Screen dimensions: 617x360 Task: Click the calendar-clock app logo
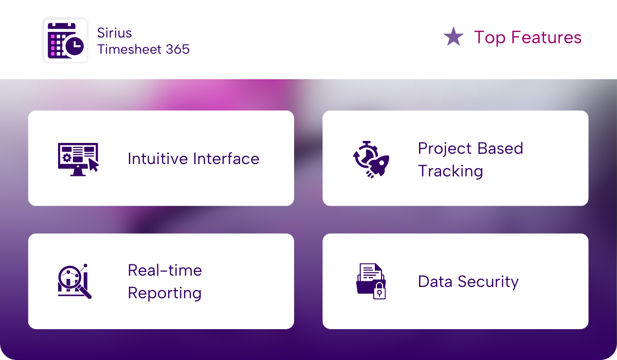(66, 41)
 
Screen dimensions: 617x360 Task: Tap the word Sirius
(114, 33)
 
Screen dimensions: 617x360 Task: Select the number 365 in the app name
(178, 49)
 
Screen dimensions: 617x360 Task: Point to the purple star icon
(453, 37)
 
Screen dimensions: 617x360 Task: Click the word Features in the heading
(546, 37)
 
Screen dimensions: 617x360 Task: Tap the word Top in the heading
(489, 38)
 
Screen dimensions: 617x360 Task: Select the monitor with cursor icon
(78, 159)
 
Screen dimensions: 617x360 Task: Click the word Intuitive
(158, 158)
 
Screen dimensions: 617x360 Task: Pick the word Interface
(226, 158)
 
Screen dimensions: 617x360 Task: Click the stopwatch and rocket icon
(371, 159)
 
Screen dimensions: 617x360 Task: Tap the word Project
(445, 149)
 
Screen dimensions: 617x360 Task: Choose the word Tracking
(450, 172)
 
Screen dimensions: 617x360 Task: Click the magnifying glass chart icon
(75, 281)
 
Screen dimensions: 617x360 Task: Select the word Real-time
(165, 270)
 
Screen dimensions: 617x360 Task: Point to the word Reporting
(165, 293)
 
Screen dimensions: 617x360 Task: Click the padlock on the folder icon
(379, 291)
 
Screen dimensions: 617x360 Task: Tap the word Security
(488, 282)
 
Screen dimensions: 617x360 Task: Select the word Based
(500, 149)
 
